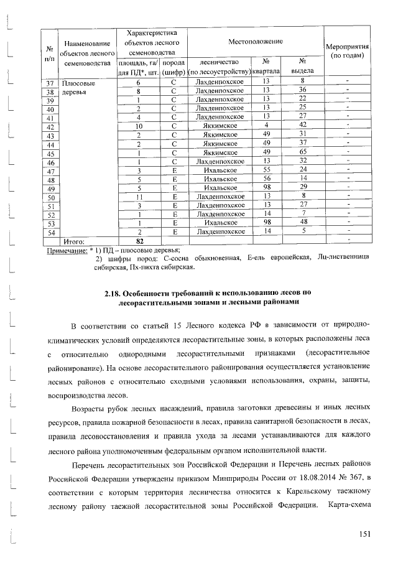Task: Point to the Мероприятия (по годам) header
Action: pos(348,51)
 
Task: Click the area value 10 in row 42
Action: pos(139,126)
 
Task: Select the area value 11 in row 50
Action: pos(139,196)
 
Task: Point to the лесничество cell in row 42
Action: pos(219,126)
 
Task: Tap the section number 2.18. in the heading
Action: pos(113,292)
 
